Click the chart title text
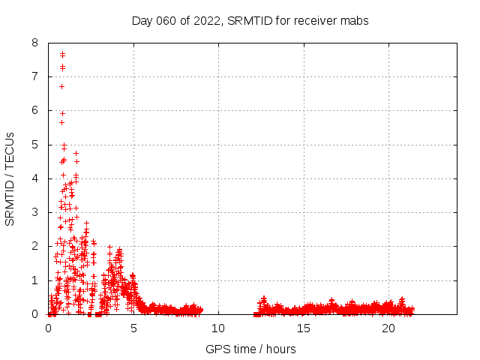click(250, 20)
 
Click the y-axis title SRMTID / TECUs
click(10, 178)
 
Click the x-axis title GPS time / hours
click(250, 349)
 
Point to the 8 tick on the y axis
click(35, 43)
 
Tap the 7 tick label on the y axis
click(35, 76)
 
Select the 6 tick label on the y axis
click(35, 110)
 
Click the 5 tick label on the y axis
click(35, 145)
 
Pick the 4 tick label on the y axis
click(35, 178)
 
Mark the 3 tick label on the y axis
click(35, 212)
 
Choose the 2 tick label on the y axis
click(35, 246)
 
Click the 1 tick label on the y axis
click(35, 280)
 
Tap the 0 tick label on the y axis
click(35, 314)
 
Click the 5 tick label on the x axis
click(133, 328)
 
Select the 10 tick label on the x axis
click(218, 328)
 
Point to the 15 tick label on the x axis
click(303, 328)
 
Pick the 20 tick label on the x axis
click(388, 328)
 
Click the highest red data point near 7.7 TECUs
click(62, 53)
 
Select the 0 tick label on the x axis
click(49, 328)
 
